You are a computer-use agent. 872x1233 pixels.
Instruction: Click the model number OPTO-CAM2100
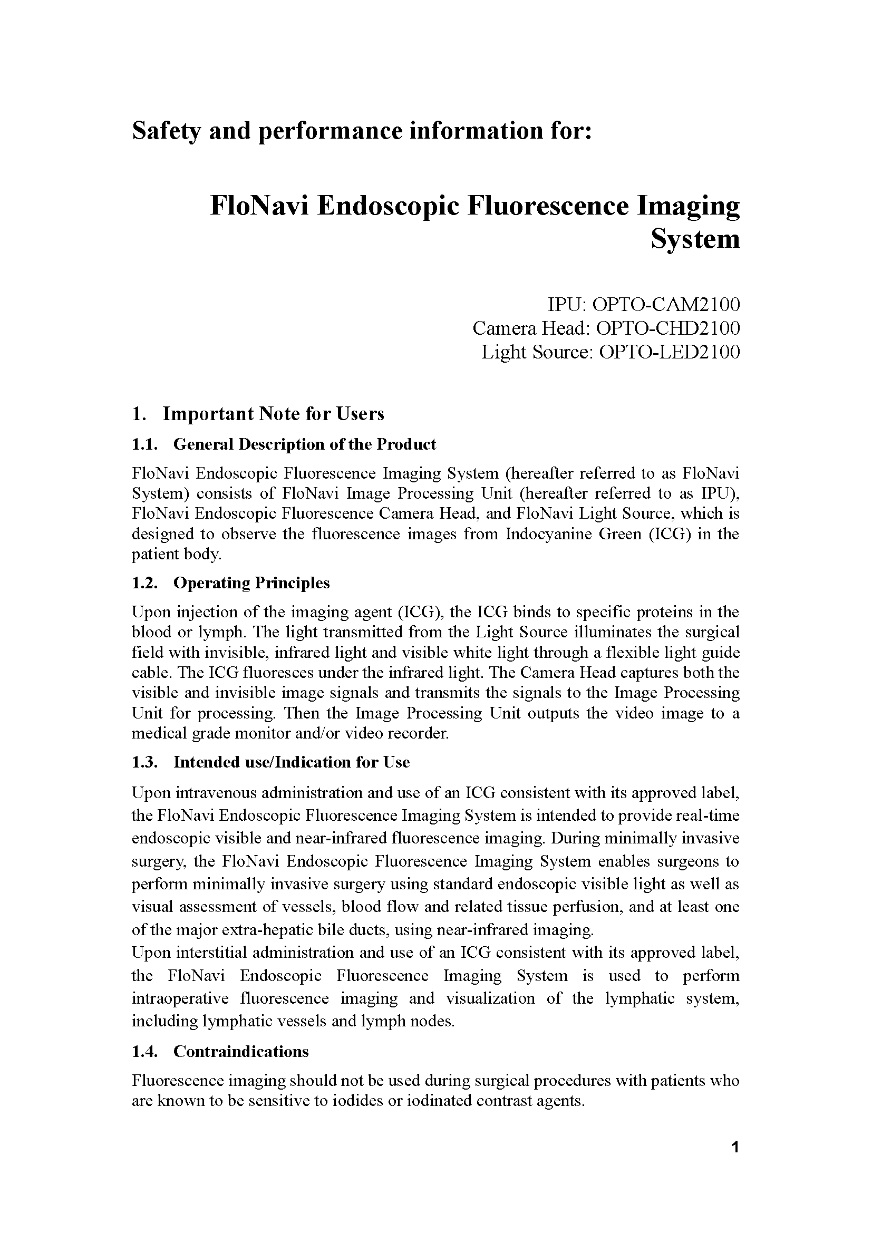pos(665,305)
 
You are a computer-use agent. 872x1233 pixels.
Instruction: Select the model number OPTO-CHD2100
pos(668,328)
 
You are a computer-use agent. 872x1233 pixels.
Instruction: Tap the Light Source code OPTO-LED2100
pos(669,352)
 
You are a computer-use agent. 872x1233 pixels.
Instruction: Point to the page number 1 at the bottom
pos(735,1148)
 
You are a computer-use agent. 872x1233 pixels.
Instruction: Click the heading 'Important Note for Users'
pos(273,414)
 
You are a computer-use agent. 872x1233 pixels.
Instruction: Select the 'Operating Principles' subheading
pos(251,582)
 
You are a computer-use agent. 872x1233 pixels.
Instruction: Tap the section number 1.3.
pos(144,763)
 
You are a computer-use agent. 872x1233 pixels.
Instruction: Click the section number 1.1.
pos(144,445)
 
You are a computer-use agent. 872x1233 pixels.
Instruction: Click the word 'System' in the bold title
pos(695,239)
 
